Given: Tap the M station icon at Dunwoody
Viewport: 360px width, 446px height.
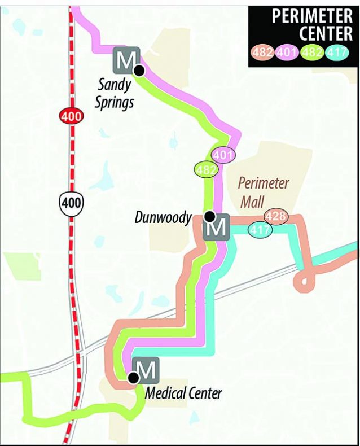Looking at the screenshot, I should pyautogui.click(x=217, y=229).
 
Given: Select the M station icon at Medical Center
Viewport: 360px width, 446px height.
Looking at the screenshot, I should pyautogui.click(x=146, y=370).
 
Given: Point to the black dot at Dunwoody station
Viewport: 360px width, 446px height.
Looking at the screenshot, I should pyautogui.click(x=209, y=216).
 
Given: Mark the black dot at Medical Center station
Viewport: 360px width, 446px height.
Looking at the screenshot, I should pyautogui.click(x=134, y=378).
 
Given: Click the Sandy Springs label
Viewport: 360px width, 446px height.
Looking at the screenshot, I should pyautogui.click(x=115, y=94).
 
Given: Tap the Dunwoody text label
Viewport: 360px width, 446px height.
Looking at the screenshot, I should pyautogui.click(x=163, y=217).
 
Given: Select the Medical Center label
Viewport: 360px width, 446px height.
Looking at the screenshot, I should pyautogui.click(x=183, y=393).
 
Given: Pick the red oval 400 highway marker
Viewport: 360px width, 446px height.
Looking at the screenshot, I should pyautogui.click(x=72, y=117).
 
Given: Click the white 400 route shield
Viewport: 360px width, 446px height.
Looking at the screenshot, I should pyautogui.click(x=72, y=203).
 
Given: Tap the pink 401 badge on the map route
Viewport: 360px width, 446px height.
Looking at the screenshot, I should pyautogui.click(x=223, y=154).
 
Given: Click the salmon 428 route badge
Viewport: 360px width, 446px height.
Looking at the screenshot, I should pyautogui.click(x=276, y=216).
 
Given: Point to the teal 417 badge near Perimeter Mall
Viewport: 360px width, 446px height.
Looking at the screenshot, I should pyautogui.click(x=260, y=230).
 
